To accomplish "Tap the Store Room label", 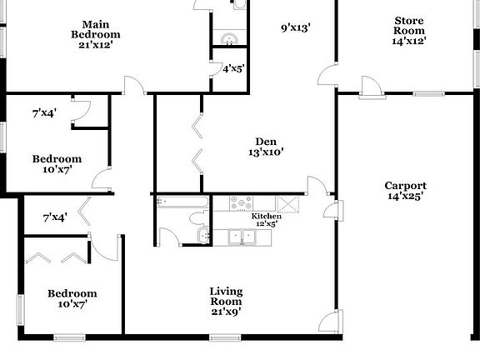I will coord(409,25).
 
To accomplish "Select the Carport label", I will coord(405,185).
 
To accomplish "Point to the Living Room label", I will coord(225,296).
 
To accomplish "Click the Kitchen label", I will coord(266,216).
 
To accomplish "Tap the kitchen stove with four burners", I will coord(241,202).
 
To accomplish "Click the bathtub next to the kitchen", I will coord(182,202).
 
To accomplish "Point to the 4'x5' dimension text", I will coord(232,69).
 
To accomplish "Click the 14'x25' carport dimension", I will coord(405,197).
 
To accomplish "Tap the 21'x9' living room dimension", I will coord(225,312).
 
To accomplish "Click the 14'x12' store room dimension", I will coord(409,40).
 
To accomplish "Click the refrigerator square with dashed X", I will coord(289,204).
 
